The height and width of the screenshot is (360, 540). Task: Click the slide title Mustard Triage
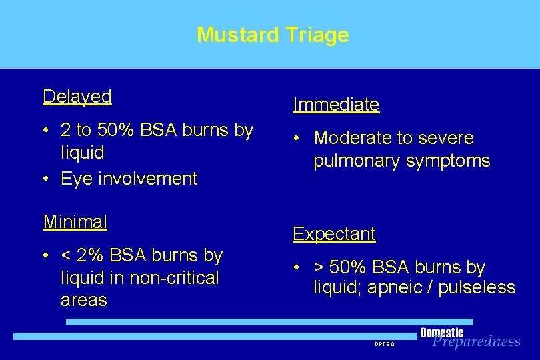pyautogui.click(x=273, y=35)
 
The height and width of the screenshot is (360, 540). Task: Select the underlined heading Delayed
pyautogui.click(x=77, y=97)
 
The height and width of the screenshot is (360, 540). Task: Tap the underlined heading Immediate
pyautogui.click(x=336, y=105)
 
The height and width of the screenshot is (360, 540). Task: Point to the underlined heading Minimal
pyautogui.click(x=75, y=221)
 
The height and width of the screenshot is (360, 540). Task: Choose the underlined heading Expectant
pyautogui.click(x=334, y=234)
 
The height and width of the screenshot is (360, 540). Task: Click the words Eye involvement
pyautogui.click(x=129, y=179)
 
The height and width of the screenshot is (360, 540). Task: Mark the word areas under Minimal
pyautogui.click(x=83, y=300)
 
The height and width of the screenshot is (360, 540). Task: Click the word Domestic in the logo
pyautogui.click(x=441, y=332)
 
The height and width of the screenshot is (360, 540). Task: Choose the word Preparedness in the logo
pyautogui.click(x=476, y=342)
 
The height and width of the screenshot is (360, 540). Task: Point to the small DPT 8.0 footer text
pyautogui.click(x=385, y=345)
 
